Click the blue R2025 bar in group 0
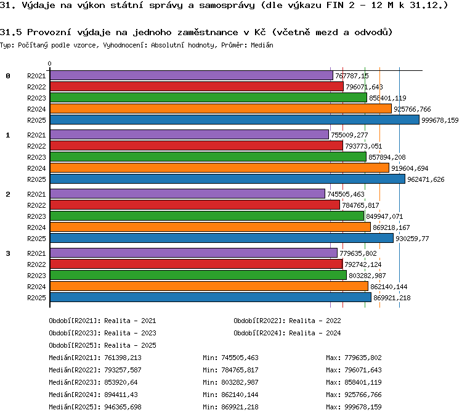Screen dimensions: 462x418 click(235, 120)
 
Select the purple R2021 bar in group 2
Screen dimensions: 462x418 click(187, 194)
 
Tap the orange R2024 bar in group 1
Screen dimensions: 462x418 click(219, 168)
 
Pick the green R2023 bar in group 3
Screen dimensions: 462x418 click(198, 275)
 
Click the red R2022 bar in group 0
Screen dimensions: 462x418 click(197, 86)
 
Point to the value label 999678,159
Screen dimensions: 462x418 click(440, 120)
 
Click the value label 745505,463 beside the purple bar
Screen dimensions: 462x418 click(346, 194)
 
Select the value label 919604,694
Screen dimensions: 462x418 click(410, 168)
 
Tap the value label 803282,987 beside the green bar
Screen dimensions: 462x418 click(367, 276)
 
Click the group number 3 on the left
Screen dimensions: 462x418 click(8, 253)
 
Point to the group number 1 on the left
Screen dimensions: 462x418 click(8, 135)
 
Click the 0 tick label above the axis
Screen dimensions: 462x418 click(49, 64)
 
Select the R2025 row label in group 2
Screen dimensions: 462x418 click(36, 239)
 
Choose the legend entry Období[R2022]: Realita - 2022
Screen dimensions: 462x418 click(287, 321)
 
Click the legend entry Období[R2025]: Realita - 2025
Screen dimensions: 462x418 click(102, 345)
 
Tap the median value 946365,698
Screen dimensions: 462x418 click(123, 407)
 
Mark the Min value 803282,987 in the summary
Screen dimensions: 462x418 click(240, 382)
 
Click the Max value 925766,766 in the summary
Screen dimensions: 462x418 click(363, 395)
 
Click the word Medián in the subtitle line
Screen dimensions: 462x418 click(262, 45)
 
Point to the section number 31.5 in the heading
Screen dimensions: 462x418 click(10, 32)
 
